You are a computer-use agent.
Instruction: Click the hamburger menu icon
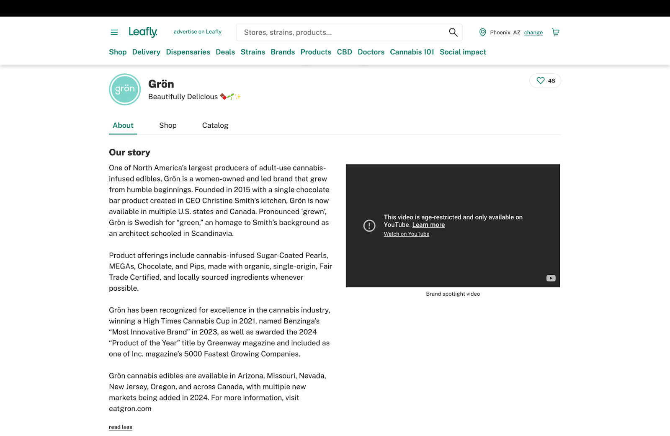point(114,32)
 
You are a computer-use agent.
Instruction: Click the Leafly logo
point(143,32)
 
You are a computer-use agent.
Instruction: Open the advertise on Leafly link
point(197,32)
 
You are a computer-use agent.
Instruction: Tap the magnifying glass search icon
point(453,32)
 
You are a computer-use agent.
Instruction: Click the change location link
point(533,33)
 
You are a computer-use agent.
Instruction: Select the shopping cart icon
point(556,32)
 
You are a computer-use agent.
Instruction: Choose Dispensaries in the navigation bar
point(188,52)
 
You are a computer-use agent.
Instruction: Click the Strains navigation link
point(253,52)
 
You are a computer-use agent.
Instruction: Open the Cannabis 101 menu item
point(412,52)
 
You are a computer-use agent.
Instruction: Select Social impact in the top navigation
point(463,52)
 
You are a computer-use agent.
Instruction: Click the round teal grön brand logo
point(125,89)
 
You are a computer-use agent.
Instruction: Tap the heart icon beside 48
point(541,81)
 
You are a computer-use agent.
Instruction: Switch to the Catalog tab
point(215,125)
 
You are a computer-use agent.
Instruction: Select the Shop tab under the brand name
point(168,125)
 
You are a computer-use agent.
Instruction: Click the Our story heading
point(129,152)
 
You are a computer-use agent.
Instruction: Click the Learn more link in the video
point(428,225)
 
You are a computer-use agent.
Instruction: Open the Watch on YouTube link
point(406,234)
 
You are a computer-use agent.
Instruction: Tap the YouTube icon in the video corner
point(551,279)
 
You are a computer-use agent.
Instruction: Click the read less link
point(121,427)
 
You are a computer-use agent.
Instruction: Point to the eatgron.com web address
point(130,409)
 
